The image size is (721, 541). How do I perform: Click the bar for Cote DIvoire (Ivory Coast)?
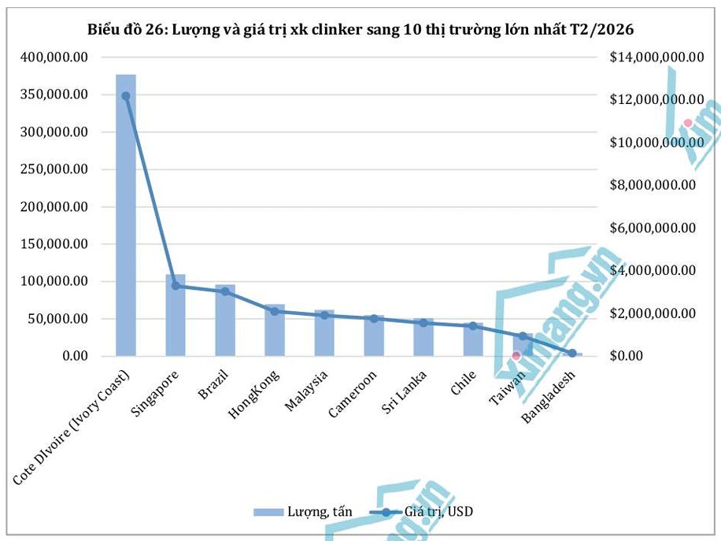[x=126, y=220]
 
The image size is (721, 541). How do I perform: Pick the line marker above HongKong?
[x=275, y=311]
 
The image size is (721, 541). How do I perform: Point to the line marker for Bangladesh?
[x=572, y=353]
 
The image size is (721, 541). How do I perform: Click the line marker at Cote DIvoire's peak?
[x=126, y=96]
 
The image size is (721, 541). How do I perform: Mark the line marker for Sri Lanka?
[x=423, y=323]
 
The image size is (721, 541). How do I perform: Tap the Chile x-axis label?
[x=463, y=381]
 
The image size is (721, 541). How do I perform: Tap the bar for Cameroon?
[x=374, y=339]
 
